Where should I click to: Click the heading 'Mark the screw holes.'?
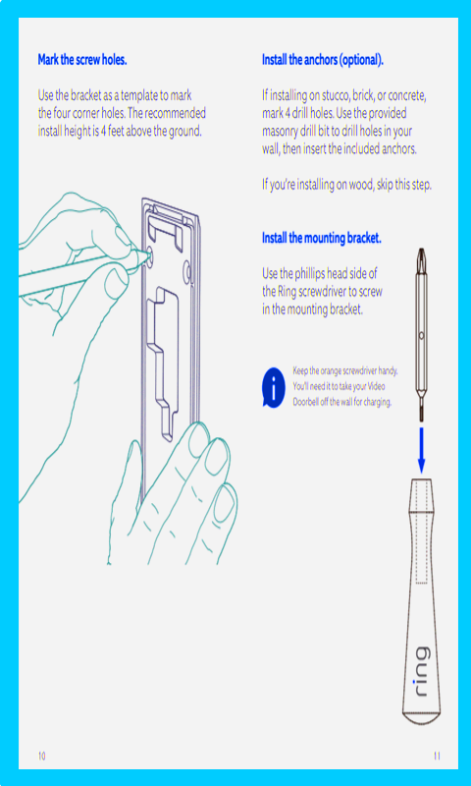click(82, 60)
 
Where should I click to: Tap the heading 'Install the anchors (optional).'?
click(323, 60)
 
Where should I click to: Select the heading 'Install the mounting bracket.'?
click(322, 238)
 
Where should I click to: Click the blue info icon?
click(274, 387)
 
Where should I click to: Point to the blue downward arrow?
click(421, 450)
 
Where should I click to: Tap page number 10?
click(41, 756)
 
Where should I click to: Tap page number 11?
click(437, 756)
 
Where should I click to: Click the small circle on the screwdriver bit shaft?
click(422, 334)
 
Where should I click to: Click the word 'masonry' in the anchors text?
click(280, 132)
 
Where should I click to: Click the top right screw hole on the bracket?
click(187, 267)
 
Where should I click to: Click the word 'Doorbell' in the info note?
click(305, 403)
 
